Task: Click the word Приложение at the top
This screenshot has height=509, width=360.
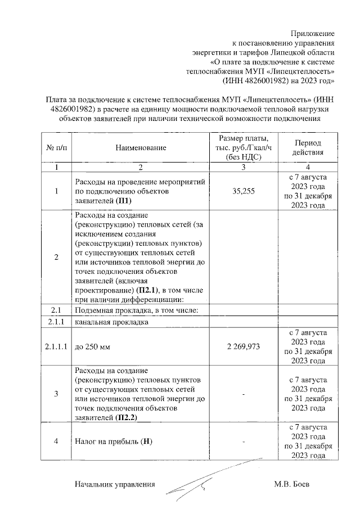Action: [313, 34]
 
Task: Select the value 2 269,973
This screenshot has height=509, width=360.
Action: [244, 346]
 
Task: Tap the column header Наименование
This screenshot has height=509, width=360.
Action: [141, 148]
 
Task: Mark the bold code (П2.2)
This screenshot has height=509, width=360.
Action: [126, 418]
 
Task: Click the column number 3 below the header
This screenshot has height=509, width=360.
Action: [244, 168]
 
